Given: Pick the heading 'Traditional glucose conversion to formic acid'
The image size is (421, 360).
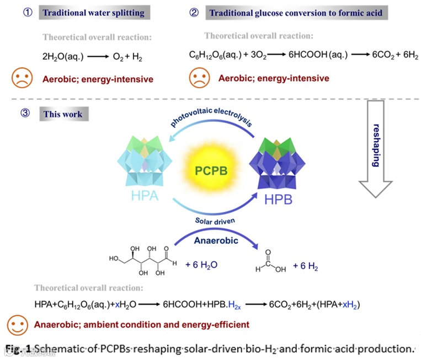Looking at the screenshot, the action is [x=297, y=12].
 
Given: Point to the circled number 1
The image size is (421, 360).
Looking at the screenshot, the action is [x=18, y=12].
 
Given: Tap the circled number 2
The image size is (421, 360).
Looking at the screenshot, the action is [x=194, y=12].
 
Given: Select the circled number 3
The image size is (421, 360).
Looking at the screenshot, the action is [x=18, y=115].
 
